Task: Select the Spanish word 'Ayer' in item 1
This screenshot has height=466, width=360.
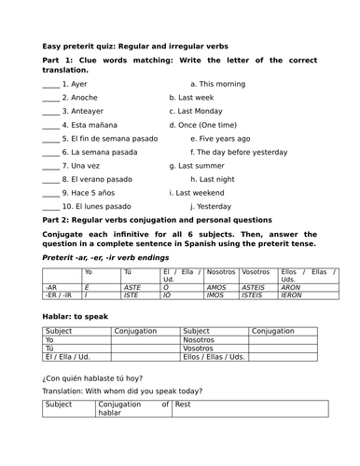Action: [x=79, y=83]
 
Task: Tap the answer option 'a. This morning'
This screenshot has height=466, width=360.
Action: [x=217, y=83]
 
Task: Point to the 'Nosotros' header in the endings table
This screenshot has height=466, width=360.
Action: [x=220, y=271]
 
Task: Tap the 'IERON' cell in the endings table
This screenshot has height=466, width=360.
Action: [x=291, y=295]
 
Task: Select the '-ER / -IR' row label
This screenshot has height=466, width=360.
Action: [x=58, y=295]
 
